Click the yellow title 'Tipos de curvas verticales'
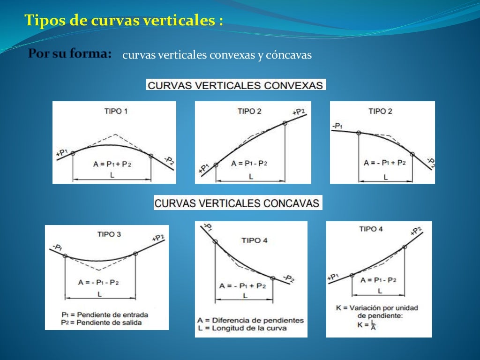(123, 21)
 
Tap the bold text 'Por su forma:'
(69, 54)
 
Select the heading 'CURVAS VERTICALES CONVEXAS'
(236, 85)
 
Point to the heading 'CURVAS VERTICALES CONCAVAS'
(238, 203)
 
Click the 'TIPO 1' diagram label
(115, 111)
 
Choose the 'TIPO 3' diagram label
(109, 234)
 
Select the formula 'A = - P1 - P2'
(98, 282)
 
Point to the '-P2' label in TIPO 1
(169, 161)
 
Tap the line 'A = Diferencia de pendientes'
(250, 320)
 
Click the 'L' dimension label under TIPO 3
(99, 294)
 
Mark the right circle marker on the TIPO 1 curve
(151, 156)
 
